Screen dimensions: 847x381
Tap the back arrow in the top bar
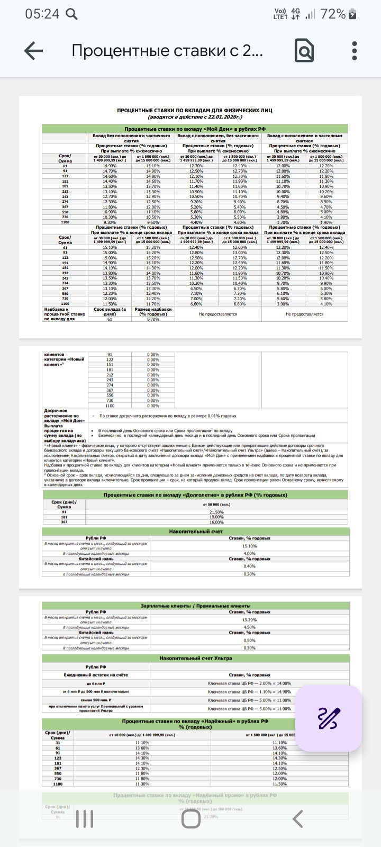click(x=33, y=51)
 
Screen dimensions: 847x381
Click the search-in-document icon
click(x=304, y=51)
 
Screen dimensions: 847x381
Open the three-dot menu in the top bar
click(x=355, y=51)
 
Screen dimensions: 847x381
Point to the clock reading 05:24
click(x=42, y=14)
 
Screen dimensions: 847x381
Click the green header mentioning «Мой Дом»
click(x=195, y=129)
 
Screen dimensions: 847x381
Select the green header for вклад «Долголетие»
click(x=195, y=495)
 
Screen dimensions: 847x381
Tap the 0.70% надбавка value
click(x=153, y=319)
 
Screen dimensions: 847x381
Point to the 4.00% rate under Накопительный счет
click(x=249, y=553)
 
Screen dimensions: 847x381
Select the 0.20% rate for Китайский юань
click(x=249, y=574)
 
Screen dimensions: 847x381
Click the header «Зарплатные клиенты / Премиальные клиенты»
click(x=195, y=606)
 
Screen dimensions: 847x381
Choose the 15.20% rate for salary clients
click(x=249, y=619)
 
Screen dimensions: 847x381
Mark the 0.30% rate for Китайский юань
click(x=249, y=647)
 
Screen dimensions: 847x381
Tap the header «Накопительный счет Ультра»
click(x=195, y=658)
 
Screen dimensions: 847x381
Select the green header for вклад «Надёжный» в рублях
click(x=195, y=724)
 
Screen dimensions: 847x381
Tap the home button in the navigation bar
click(x=190, y=819)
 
